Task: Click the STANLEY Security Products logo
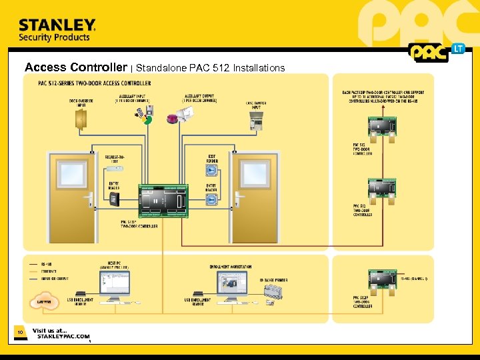coord(57,30)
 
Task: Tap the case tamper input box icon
coord(257,121)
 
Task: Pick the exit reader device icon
coord(211,171)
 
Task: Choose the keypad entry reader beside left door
coord(115,199)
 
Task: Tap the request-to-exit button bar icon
coord(114,168)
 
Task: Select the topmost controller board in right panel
coord(382,126)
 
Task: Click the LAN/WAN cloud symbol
coord(40,302)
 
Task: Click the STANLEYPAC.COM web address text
coord(63,337)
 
